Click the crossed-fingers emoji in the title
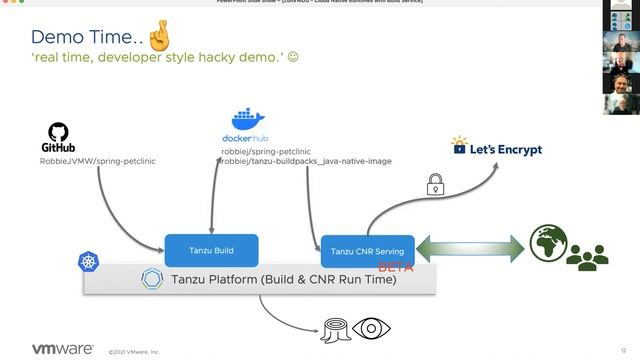click(x=158, y=36)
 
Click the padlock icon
click(x=435, y=184)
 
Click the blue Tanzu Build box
click(x=211, y=250)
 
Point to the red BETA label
click(x=395, y=268)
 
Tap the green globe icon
click(x=548, y=243)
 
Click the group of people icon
click(x=587, y=257)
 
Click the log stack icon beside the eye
click(x=333, y=331)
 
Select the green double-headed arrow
click(x=470, y=249)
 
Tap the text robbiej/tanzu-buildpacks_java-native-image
click(x=306, y=161)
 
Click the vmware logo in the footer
click(x=63, y=350)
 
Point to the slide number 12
click(x=623, y=350)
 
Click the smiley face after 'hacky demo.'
click(x=293, y=58)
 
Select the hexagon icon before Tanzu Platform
click(x=152, y=279)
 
